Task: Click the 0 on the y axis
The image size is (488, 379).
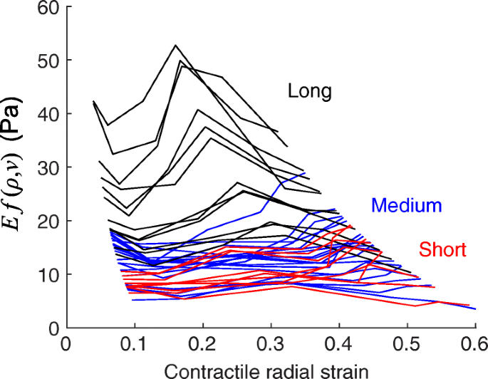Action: (x=53, y=328)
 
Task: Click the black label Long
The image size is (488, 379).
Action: (x=310, y=91)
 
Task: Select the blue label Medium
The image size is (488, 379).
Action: (x=407, y=206)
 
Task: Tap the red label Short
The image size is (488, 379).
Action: (x=442, y=249)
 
